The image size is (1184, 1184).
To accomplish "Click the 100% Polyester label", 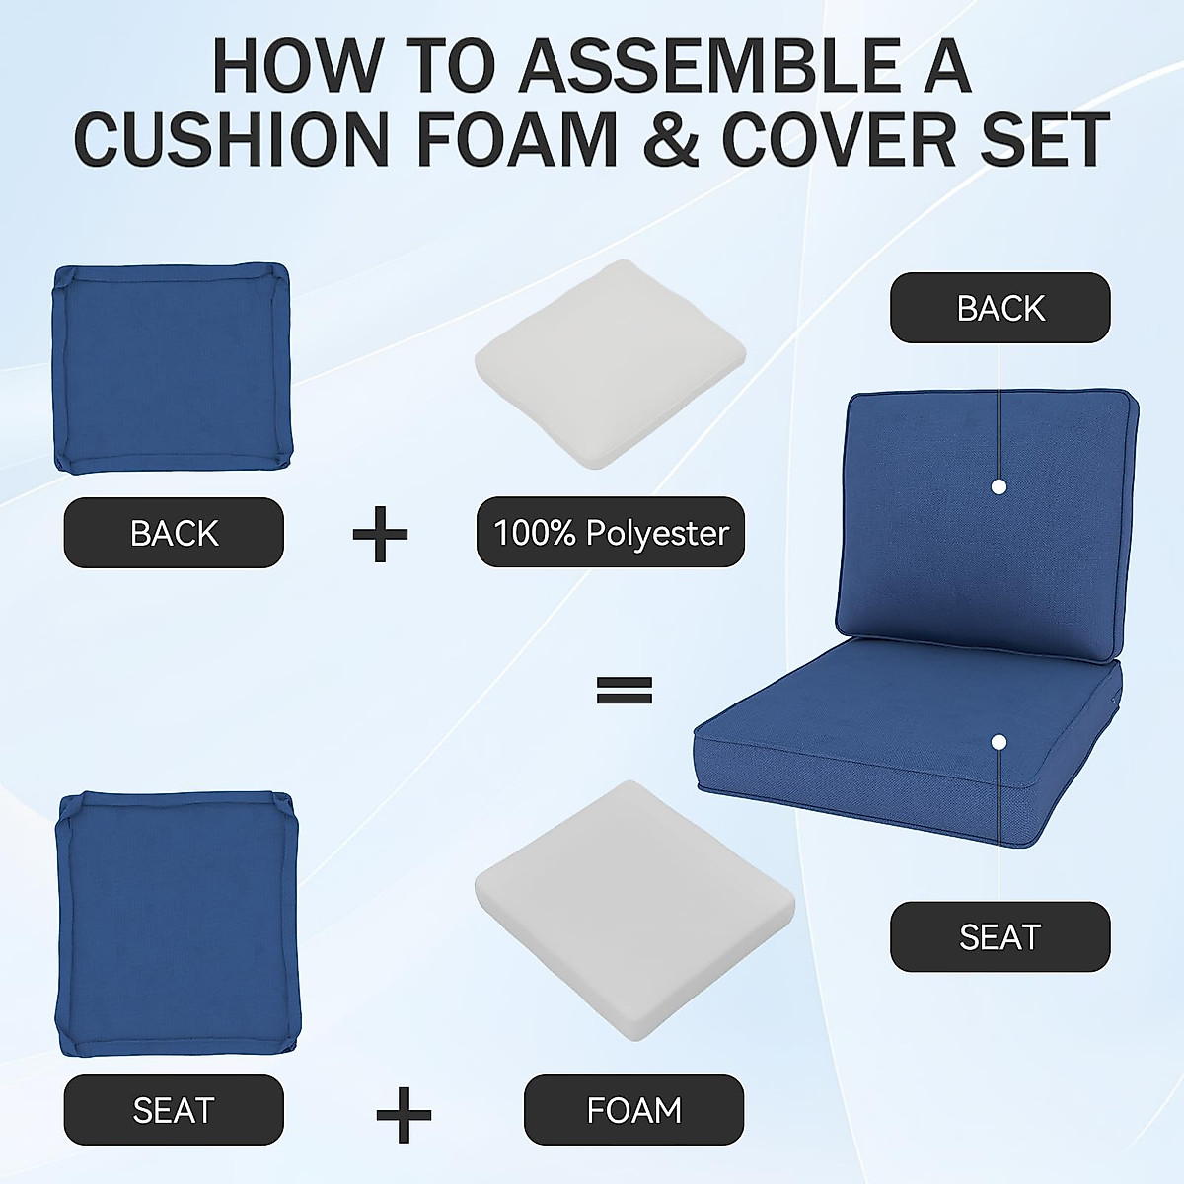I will coord(611,533).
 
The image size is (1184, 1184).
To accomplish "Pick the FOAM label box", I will coord(633,1110).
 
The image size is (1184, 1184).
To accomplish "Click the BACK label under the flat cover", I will coord(174,533).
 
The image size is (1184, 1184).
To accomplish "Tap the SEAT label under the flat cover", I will coord(174,1110).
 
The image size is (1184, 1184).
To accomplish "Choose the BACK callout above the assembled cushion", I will coord(999,308).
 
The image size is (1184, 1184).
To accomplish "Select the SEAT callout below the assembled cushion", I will coord(999,936).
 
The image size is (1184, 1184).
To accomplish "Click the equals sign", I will coord(624,690).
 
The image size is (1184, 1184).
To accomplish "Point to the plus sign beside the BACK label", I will coord(380,534).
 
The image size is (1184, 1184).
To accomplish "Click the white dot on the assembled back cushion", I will coord(999,486).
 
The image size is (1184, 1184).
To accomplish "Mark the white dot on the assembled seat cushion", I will coord(999,741).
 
